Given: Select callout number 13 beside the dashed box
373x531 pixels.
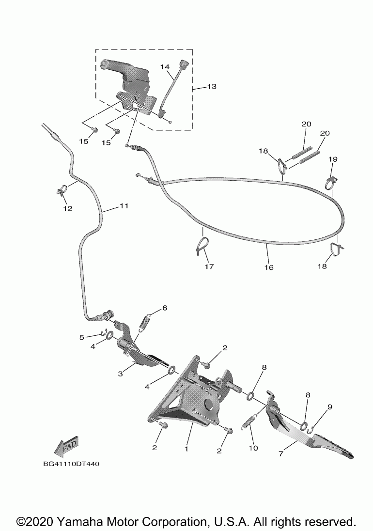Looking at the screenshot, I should point(212,87).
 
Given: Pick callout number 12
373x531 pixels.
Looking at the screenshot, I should point(67,208).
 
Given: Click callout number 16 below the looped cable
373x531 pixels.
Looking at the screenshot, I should point(269,267).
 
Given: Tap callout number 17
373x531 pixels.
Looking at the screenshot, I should point(209,266).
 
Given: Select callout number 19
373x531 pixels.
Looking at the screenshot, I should point(333,159).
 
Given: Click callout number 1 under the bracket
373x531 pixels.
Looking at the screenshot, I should point(186,449).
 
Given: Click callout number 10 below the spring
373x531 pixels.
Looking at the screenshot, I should point(253,448).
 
